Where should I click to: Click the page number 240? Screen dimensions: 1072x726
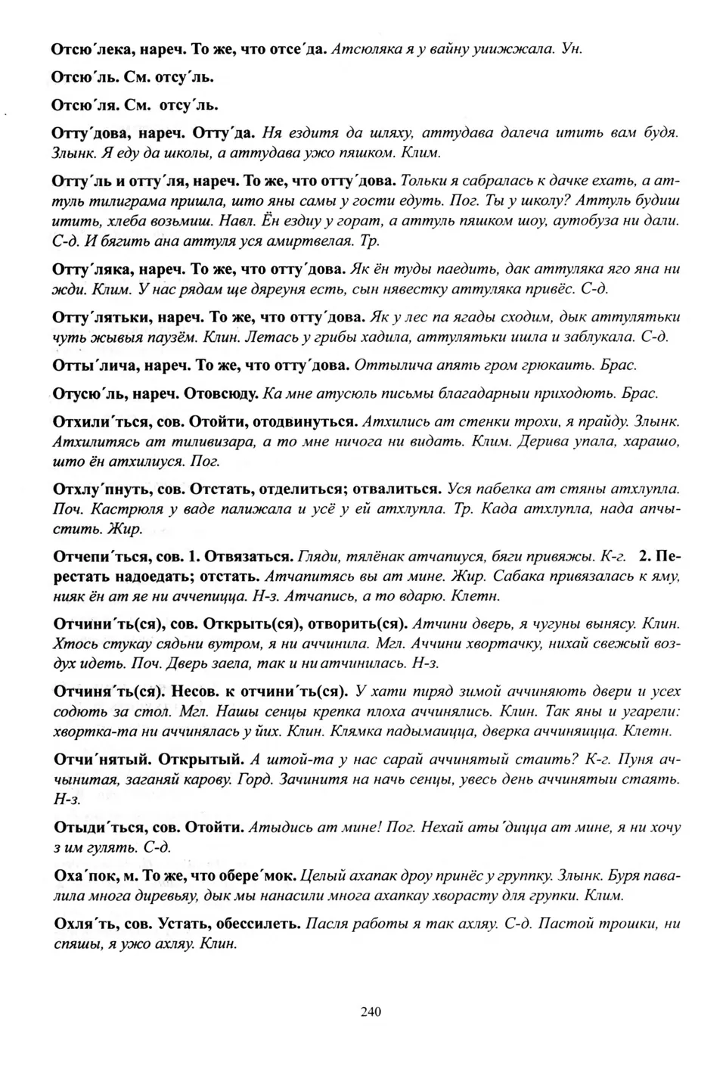(371, 1011)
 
